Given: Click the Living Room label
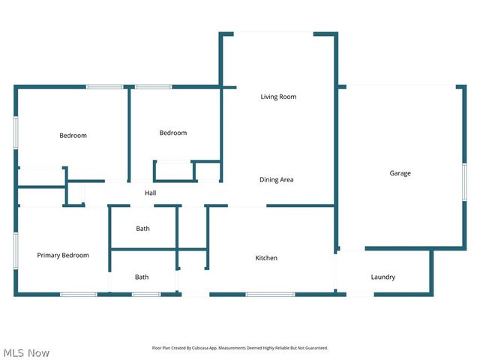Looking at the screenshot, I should coord(278,97).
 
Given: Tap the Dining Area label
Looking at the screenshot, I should coord(276,180).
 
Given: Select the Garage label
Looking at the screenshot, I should coord(400,173).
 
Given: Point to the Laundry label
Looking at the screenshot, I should coord(382,277).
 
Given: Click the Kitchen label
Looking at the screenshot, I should coord(266,258).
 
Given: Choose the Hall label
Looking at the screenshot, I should coord(150,193).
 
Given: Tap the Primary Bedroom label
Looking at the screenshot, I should coord(63,256).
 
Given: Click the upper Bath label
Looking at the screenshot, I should coord(142,229).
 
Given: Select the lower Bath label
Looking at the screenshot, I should coord(142,277).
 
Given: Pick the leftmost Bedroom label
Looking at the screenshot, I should coord(73,136).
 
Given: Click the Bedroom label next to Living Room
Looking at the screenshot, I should coord(172,133).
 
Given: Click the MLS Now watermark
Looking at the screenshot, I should coord(26,352).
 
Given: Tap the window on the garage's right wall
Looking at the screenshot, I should coord(464,183).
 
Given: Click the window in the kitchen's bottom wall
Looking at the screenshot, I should coord(270,294).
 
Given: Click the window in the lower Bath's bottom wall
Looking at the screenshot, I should coord(146,294).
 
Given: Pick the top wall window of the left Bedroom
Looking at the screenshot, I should coord(104,87).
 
